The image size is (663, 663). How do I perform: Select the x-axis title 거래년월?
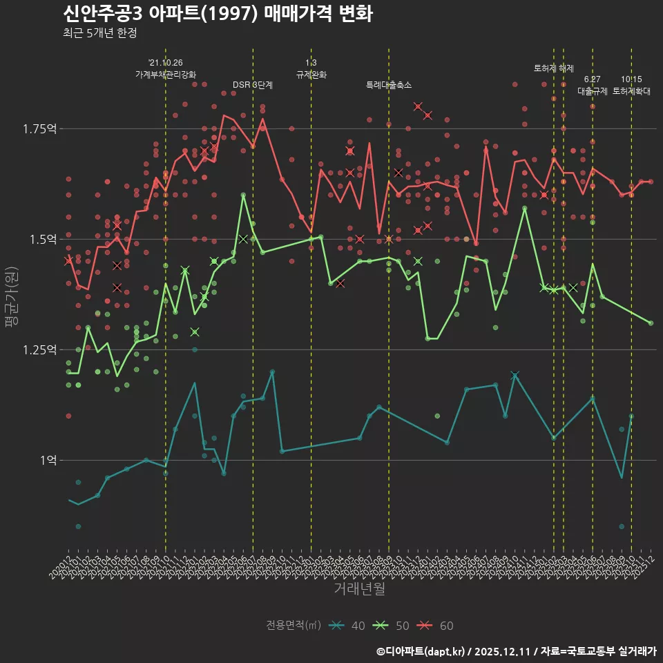tap(359, 588)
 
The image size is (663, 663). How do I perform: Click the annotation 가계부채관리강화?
tap(166, 75)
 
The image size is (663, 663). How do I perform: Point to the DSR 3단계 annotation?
tap(253, 85)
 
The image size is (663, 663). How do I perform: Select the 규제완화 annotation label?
tap(311, 75)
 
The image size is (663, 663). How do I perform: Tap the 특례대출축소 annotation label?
tap(389, 85)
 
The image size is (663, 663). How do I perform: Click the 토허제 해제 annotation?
tap(554, 68)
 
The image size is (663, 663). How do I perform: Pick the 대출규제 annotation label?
tap(592, 91)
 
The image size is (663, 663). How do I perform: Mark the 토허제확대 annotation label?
tap(631, 91)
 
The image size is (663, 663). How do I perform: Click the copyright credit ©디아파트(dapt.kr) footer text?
tap(422, 651)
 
